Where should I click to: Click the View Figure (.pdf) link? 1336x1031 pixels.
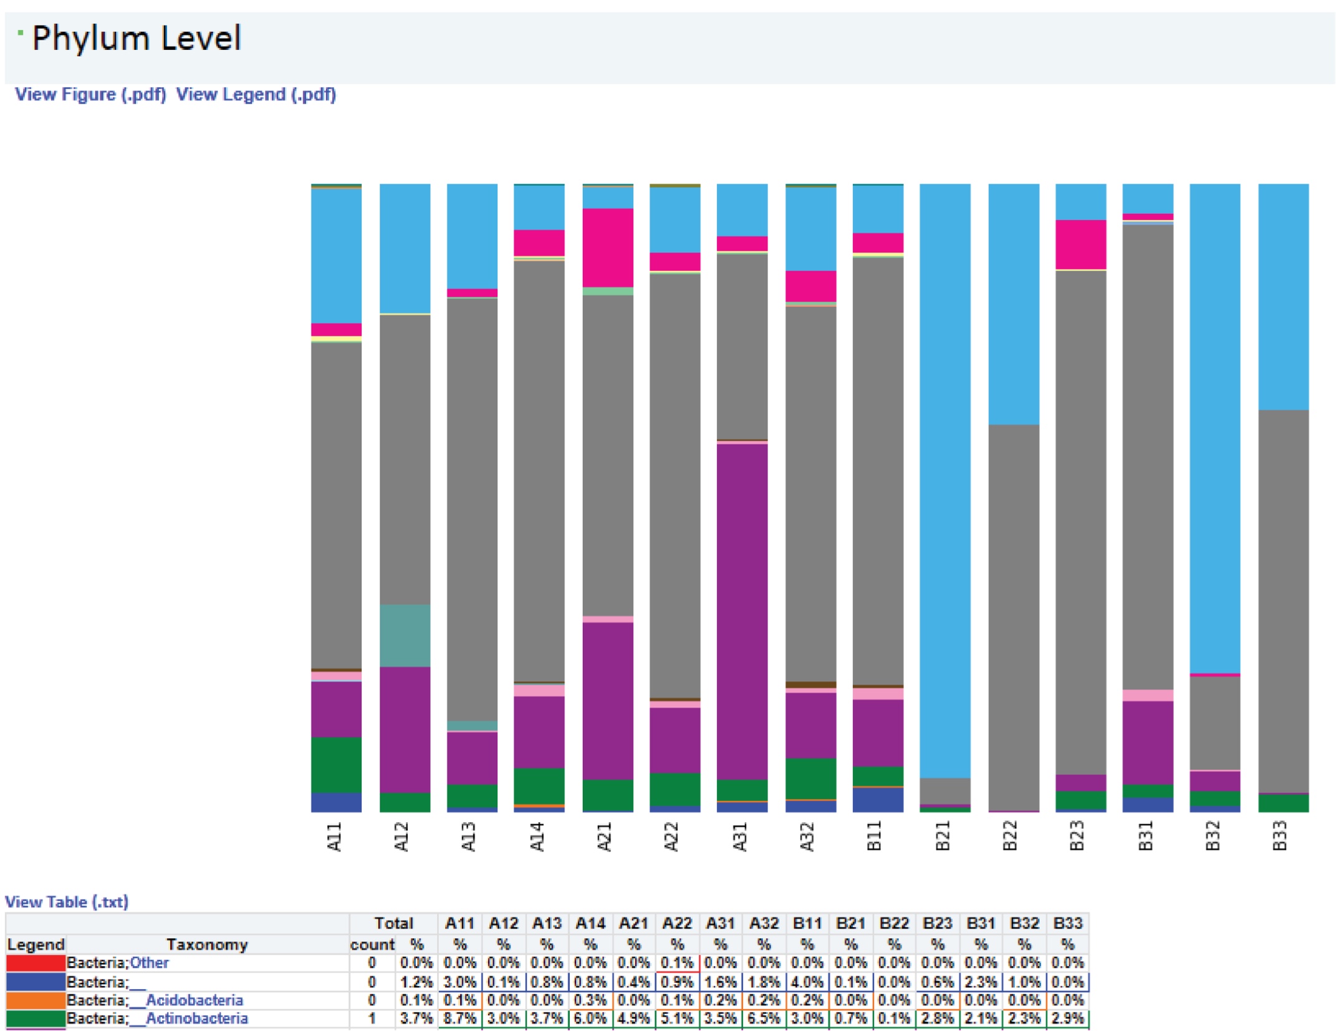90,94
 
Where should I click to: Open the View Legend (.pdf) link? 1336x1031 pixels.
256,94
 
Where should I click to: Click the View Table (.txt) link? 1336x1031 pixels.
67,901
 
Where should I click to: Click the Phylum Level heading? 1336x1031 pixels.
136,39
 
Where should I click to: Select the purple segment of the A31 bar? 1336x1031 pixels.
741,611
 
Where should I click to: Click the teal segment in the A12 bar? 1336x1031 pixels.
405,635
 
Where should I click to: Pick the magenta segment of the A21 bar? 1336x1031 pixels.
607,247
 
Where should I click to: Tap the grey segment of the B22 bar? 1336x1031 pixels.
1013,617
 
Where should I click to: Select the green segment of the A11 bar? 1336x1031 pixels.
336,764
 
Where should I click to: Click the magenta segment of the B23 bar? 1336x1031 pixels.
1080,244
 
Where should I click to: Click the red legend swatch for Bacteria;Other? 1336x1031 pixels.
36,962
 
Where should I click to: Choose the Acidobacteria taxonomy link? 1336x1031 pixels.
194,1000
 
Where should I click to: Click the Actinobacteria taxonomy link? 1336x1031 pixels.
196,1018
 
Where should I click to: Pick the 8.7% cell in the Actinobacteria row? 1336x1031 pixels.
460,1018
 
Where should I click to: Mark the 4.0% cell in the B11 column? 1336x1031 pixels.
807,982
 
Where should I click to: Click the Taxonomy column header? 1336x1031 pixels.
207,944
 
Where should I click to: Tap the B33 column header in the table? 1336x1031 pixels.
1067,923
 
